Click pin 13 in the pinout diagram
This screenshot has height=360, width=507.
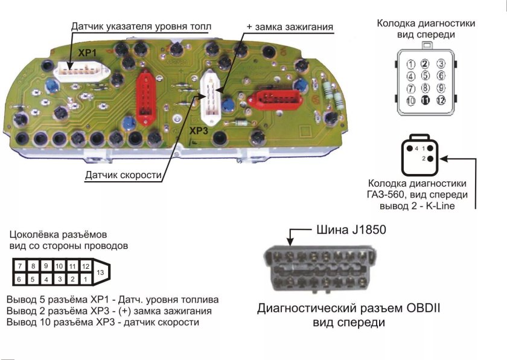coord(100,272)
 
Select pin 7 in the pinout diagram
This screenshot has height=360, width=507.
coord(20,266)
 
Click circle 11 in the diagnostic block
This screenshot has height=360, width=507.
coord(426,100)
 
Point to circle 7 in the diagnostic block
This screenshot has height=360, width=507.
coord(410,88)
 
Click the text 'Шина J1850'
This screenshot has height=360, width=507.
coord(351,230)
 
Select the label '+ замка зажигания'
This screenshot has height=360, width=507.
coord(290,27)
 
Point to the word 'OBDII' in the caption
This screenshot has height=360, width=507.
coord(422,309)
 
